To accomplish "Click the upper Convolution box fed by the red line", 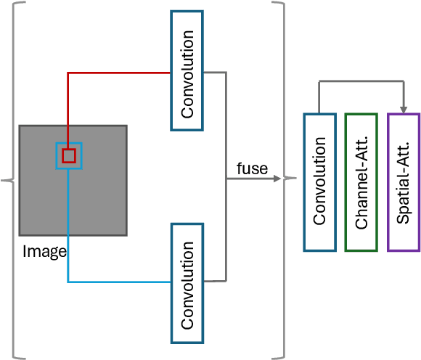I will (187, 70).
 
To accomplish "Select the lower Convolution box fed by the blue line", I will (187, 282).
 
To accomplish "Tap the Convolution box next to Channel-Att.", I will (319, 182).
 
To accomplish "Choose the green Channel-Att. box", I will (361, 182).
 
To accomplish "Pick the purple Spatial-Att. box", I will (404, 182).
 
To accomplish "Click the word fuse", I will (252, 169).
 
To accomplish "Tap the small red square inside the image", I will (69, 155).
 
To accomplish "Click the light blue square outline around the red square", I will (79, 156).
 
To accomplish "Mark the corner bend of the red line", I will (68, 73).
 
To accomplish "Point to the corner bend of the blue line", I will (68, 282).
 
